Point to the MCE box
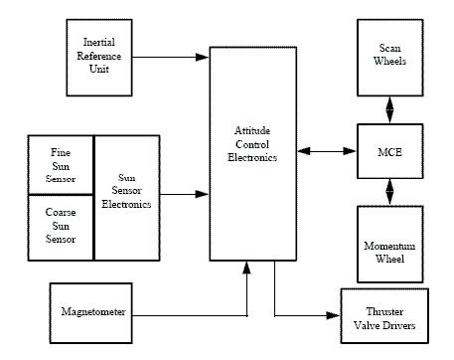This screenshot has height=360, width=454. (388, 151)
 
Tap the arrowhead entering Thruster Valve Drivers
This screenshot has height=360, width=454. (335, 316)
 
